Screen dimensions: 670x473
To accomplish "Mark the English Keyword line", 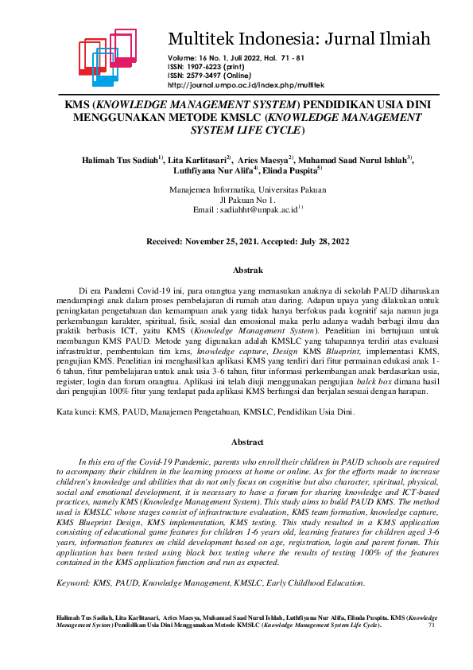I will tap(211, 583).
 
